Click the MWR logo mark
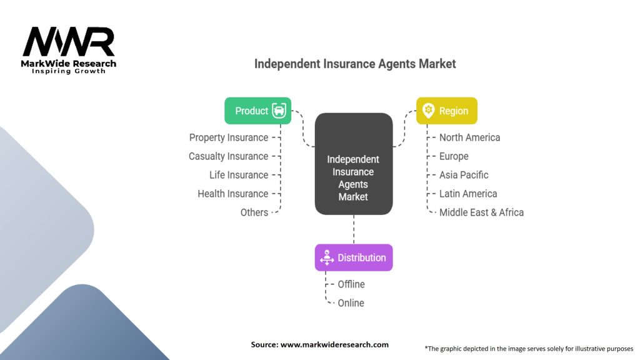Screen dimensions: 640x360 [x=69, y=42]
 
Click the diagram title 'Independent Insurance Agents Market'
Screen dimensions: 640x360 [x=355, y=64]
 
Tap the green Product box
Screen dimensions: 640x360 [x=257, y=111]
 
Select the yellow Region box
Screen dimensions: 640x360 [x=446, y=111]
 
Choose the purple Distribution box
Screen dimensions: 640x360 [x=354, y=257]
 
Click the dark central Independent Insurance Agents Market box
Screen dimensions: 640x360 [x=354, y=164]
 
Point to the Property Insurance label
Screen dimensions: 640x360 [x=229, y=137]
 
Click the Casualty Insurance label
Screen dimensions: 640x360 [x=228, y=156]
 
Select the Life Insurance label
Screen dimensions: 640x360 [x=239, y=175]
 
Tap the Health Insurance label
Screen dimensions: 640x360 [x=232, y=194]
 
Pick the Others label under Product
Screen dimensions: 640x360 [x=254, y=212]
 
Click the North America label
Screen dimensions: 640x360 [x=469, y=137]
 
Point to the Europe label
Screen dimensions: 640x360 [x=454, y=156]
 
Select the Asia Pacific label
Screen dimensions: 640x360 [x=464, y=175]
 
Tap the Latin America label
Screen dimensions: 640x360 [x=468, y=194]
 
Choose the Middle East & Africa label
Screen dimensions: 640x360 [x=481, y=212]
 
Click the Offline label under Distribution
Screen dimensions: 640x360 [x=351, y=284]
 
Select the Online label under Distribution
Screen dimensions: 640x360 [x=351, y=303]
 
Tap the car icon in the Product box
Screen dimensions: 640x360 [x=279, y=111]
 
